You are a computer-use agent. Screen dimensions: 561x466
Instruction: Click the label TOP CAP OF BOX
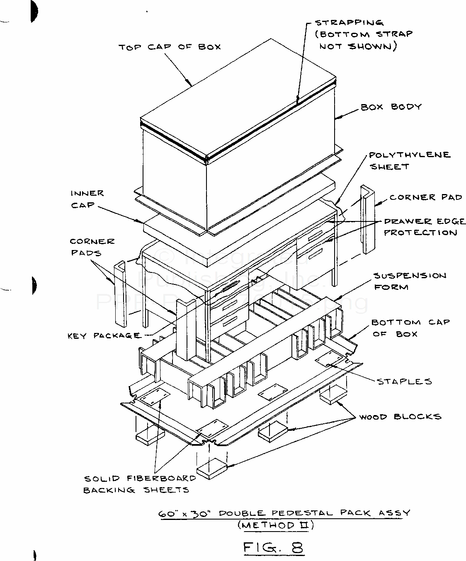click(170, 47)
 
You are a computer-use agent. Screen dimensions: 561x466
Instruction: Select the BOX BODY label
click(391, 107)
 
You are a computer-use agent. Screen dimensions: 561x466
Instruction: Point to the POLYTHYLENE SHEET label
click(409, 160)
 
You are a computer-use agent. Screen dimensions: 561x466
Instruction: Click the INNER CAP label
click(87, 199)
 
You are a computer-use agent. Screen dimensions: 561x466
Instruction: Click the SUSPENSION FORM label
click(410, 281)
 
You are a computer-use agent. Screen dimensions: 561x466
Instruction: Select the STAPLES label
click(404, 381)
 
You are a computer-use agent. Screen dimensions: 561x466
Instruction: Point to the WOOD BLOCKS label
click(400, 416)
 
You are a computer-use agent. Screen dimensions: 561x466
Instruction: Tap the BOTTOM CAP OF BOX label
click(410, 328)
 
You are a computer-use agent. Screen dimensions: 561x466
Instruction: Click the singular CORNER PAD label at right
click(425, 197)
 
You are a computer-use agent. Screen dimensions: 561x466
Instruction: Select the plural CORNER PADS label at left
click(92, 247)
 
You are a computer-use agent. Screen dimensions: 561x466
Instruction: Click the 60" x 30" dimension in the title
click(186, 513)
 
